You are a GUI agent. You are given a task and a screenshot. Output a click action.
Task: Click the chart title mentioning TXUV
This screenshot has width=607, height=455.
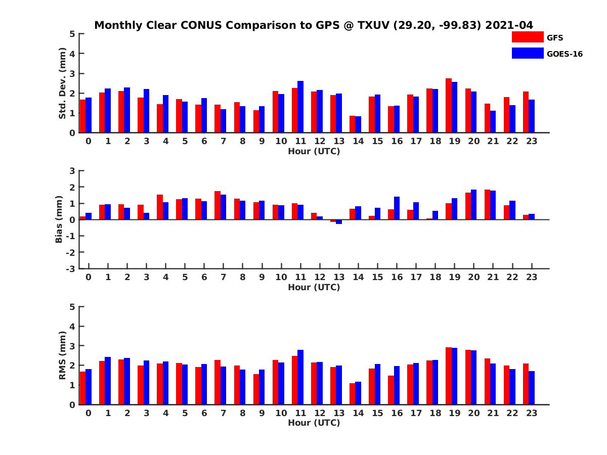(x=314, y=25)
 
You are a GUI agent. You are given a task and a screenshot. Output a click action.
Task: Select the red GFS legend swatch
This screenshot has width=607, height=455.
(x=527, y=37)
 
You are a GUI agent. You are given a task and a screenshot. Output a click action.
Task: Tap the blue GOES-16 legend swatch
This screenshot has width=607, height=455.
(x=527, y=53)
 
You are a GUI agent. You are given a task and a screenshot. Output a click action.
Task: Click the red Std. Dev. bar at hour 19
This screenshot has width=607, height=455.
(x=449, y=106)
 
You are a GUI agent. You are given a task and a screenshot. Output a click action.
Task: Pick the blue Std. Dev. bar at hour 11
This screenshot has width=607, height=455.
(x=300, y=107)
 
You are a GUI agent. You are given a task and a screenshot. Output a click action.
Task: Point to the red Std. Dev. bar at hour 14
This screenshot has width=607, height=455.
(x=353, y=124)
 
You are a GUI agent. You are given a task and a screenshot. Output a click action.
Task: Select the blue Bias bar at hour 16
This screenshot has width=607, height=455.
(x=397, y=208)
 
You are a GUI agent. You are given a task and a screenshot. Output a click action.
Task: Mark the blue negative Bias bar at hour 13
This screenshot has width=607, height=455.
(x=339, y=221)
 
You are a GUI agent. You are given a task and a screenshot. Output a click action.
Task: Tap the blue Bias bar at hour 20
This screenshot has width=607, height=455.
(x=473, y=205)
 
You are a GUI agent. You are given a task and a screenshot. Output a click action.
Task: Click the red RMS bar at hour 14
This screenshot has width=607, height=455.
(x=353, y=394)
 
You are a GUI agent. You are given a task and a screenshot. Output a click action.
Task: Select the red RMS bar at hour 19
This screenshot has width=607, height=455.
(x=449, y=376)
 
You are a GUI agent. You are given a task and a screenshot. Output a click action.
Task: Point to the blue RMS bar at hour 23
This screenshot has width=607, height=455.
(x=532, y=388)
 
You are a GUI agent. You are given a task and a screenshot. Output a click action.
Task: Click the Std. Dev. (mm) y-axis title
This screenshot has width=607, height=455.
(x=62, y=83)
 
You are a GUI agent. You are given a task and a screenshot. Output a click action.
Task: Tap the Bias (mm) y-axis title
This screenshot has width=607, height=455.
(x=59, y=219)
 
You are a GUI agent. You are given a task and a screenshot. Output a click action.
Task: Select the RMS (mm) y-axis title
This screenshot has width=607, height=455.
(x=62, y=355)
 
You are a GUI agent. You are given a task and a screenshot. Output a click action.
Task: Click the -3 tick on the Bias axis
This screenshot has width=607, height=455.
(x=70, y=268)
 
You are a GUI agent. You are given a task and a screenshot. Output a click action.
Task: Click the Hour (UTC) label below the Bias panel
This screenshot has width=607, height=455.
(x=314, y=287)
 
